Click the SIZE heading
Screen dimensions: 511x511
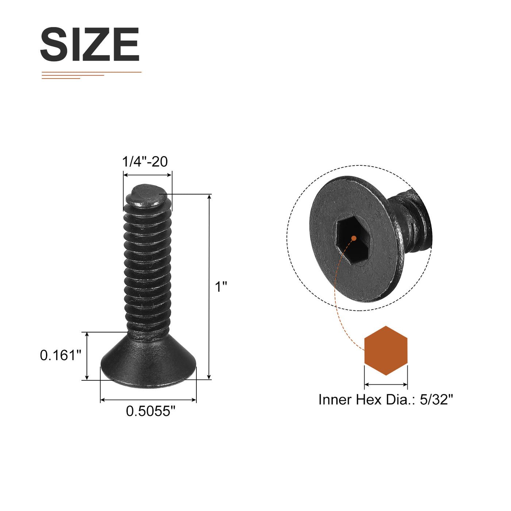tap(90, 44)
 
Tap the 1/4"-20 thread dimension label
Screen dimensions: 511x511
tap(145, 161)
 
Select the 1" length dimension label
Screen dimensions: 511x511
tap(221, 287)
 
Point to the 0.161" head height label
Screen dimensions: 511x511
tap(61, 355)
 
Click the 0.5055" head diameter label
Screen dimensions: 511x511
tap(151, 411)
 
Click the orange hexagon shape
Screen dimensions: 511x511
tap(386, 350)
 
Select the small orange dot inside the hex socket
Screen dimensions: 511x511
tap(354, 238)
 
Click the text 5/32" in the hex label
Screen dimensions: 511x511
tap(436, 399)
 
